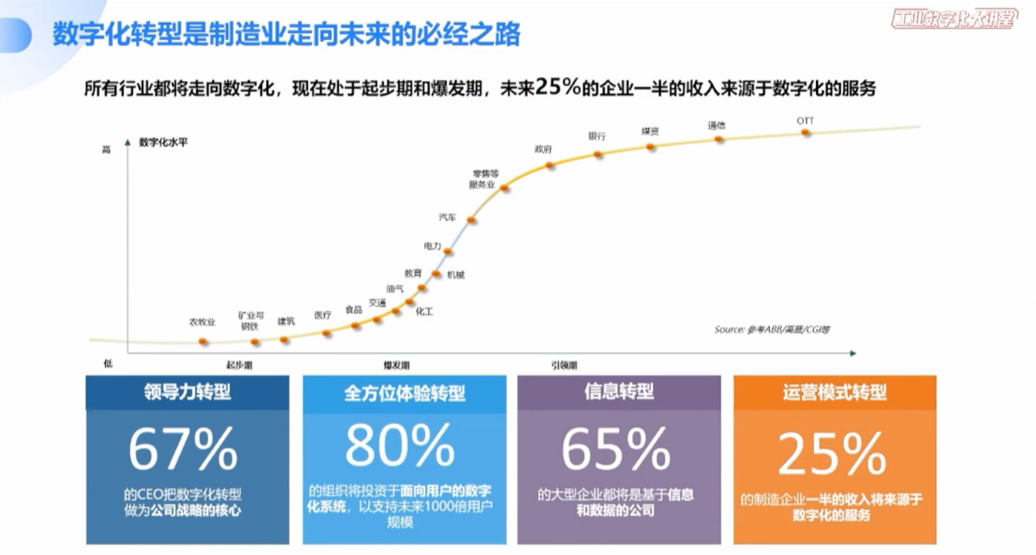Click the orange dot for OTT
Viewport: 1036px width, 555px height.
click(805, 132)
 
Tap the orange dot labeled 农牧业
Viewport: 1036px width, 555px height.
click(203, 341)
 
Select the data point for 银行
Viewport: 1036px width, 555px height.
click(598, 154)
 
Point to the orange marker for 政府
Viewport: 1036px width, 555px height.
click(550, 166)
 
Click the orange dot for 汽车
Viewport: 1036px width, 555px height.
click(472, 219)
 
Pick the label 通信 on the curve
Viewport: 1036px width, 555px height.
click(716, 126)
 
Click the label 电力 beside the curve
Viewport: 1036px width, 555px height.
click(432, 246)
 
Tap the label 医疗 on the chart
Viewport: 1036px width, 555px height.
click(323, 315)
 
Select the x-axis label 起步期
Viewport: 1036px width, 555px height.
click(239, 365)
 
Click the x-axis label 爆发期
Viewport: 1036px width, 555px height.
click(396, 365)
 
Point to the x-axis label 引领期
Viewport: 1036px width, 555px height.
click(564, 365)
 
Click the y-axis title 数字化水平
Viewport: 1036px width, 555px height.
click(163, 142)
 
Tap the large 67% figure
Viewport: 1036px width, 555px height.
click(183, 450)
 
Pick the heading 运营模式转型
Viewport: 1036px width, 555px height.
click(835, 392)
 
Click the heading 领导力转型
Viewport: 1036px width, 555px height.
click(187, 392)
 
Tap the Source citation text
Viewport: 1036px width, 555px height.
click(772, 329)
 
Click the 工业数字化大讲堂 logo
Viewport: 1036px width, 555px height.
click(954, 18)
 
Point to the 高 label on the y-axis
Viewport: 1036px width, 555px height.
click(107, 150)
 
